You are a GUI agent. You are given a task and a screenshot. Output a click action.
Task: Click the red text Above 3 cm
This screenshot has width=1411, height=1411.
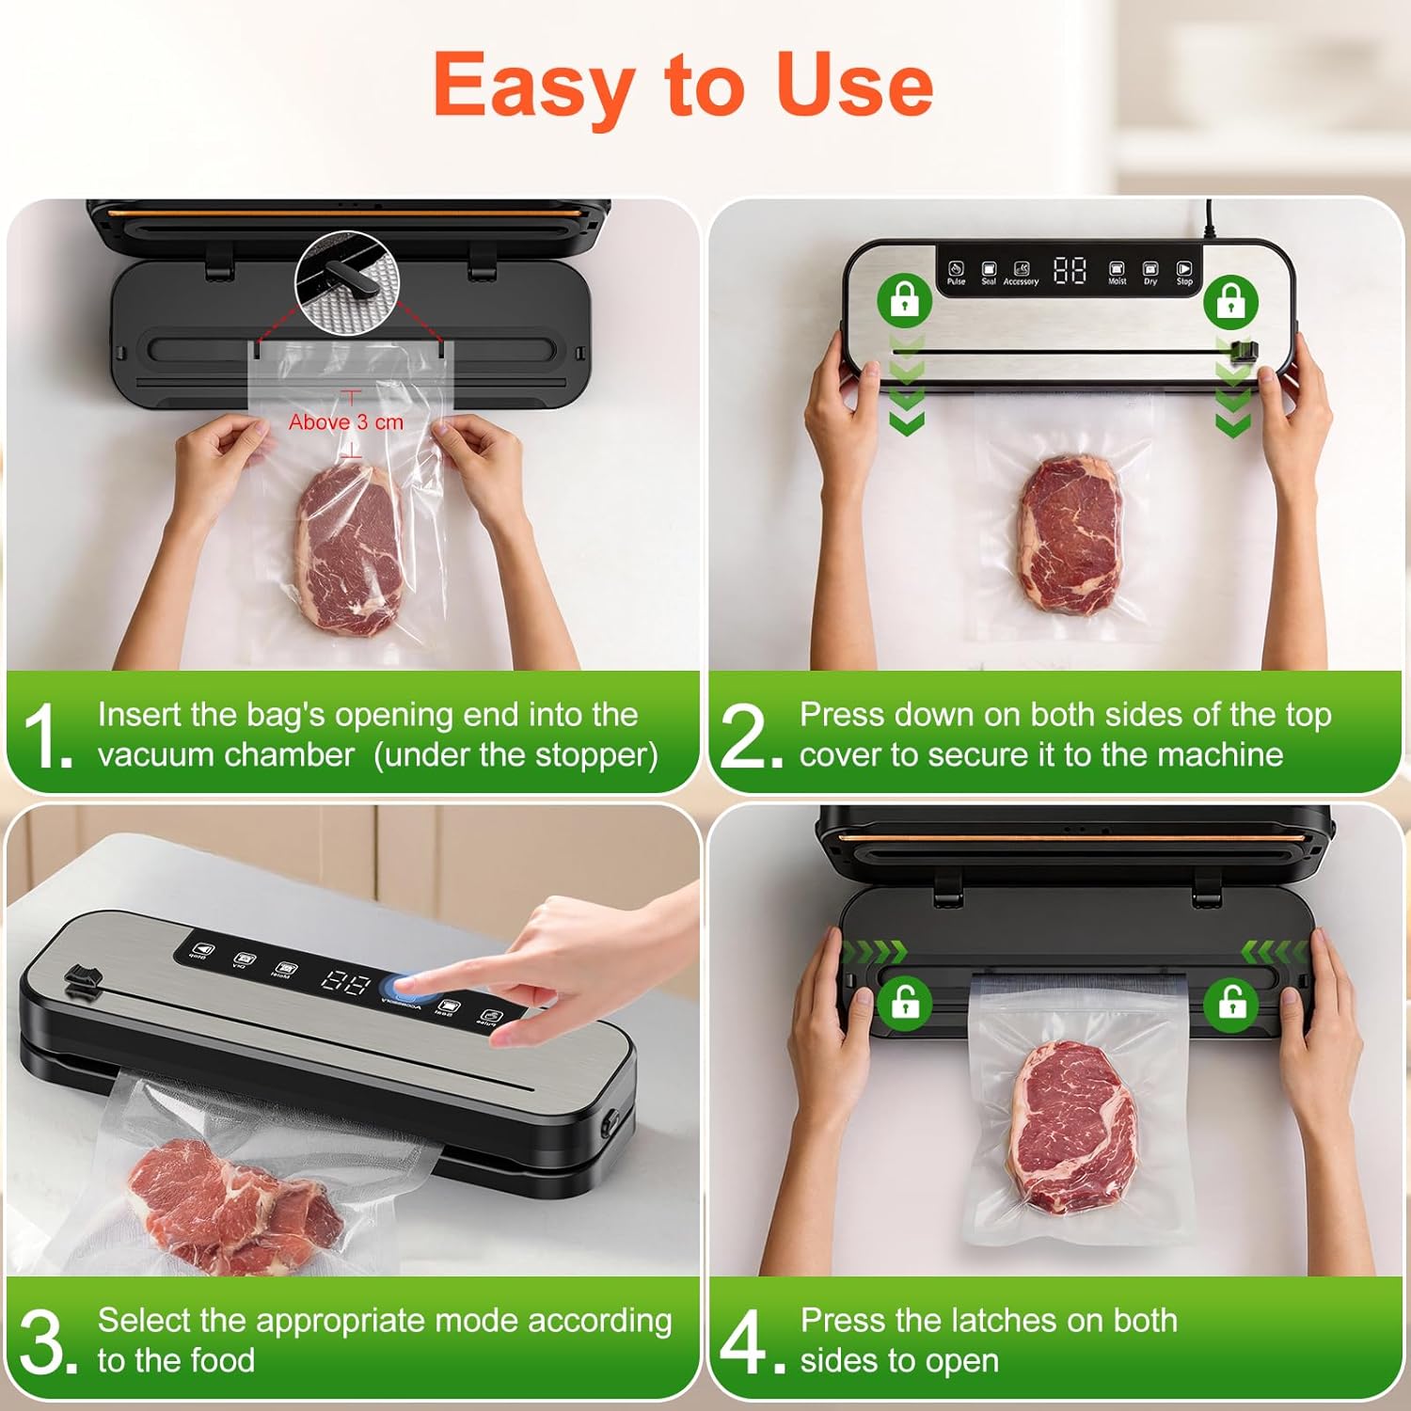point(345,422)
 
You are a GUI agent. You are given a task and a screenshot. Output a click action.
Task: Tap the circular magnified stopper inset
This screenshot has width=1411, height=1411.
point(347,279)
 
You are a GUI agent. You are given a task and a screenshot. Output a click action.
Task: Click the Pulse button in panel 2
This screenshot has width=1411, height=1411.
point(956,272)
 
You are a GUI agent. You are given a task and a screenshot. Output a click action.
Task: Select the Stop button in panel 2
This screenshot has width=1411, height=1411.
point(1184,272)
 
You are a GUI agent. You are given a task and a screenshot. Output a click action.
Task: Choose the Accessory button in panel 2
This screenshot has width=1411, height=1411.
point(1021,272)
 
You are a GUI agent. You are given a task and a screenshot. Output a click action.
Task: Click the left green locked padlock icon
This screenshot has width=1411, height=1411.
point(904,300)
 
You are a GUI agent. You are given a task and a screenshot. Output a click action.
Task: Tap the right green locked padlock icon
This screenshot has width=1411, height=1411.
point(1230,300)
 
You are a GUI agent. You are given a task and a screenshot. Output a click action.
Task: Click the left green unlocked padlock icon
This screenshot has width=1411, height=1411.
point(905,1003)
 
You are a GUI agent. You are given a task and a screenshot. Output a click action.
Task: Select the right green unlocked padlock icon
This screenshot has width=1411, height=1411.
point(1231,1003)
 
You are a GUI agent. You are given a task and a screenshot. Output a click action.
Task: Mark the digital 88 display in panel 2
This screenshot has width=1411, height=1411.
point(1070,271)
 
